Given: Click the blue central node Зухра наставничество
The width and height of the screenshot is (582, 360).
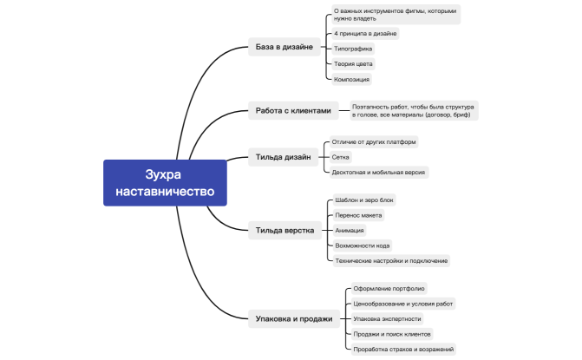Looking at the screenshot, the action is pyautogui.click(x=165, y=182).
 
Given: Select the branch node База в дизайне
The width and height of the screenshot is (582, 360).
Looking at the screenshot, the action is pyautogui.click(x=284, y=47).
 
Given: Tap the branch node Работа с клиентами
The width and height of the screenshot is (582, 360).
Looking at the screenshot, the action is pyautogui.click(x=293, y=110).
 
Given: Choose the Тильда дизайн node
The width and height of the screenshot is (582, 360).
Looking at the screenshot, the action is pyautogui.click(x=284, y=157).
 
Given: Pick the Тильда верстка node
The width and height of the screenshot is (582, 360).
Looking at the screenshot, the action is pyautogui.click(x=284, y=230).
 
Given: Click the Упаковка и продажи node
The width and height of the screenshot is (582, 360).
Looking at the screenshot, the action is pyautogui.click(x=294, y=319).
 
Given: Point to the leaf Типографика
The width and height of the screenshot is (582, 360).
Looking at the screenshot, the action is pyautogui.click(x=353, y=49).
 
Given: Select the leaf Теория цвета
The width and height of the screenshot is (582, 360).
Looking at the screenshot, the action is pyautogui.click(x=353, y=64).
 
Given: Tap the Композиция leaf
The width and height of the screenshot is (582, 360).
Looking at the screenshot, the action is pyautogui.click(x=351, y=79).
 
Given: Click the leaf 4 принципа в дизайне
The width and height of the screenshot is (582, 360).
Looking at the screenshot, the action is pyautogui.click(x=365, y=34).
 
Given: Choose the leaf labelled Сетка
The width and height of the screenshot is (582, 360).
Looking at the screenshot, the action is pyautogui.click(x=340, y=157).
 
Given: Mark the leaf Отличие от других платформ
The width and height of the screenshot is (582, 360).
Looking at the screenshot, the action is pyautogui.click(x=374, y=141).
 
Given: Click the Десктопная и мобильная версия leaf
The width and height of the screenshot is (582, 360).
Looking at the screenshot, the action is pyautogui.click(x=379, y=173).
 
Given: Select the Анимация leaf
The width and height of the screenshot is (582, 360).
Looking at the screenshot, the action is pyautogui.click(x=350, y=230).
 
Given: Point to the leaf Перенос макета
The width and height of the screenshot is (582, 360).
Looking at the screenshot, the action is pyautogui.click(x=358, y=215).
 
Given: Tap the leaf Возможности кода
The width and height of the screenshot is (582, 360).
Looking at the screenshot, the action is pyautogui.click(x=363, y=245).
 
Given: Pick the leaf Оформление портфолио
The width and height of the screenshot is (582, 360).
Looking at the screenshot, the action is pyautogui.click(x=389, y=288).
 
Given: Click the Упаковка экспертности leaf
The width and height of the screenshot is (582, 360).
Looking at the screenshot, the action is pyautogui.click(x=387, y=319).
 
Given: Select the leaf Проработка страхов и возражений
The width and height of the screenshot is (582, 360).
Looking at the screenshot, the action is pyautogui.click(x=403, y=350).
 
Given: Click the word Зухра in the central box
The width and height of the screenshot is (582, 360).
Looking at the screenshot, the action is pyautogui.click(x=163, y=174).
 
